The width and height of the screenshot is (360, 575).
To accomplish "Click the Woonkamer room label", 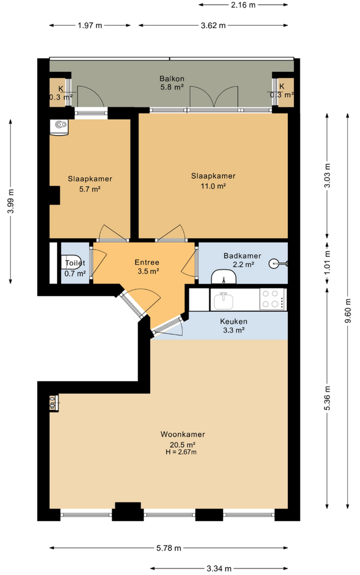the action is [182, 434].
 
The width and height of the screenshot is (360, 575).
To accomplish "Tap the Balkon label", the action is [172, 79].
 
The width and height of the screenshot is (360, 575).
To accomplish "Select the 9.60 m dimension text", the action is [348, 311].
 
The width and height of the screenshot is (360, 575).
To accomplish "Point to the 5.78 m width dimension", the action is [169, 548].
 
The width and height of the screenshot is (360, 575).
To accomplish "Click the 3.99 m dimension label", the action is [11, 201].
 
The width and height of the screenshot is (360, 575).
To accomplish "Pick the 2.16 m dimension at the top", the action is [243, 5].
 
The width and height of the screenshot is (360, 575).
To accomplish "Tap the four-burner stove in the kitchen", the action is [272, 299].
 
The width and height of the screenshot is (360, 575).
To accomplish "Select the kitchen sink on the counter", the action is [223, 300].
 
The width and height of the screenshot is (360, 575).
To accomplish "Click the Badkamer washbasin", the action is [223, 276].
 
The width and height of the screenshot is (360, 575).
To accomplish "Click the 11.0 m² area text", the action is [213, 185].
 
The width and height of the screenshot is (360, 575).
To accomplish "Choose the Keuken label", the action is [233, 321].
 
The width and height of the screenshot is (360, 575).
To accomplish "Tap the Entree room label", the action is [147, 262].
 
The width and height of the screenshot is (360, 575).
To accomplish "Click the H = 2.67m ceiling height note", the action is [181, 452].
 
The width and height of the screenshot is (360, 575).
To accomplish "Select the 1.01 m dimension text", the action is [328, 262].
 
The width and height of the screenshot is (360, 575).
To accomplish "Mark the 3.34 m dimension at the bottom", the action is [219, 568].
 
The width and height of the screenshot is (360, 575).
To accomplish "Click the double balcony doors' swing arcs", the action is [213, 96].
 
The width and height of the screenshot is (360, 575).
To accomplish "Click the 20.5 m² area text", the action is [182, 444].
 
